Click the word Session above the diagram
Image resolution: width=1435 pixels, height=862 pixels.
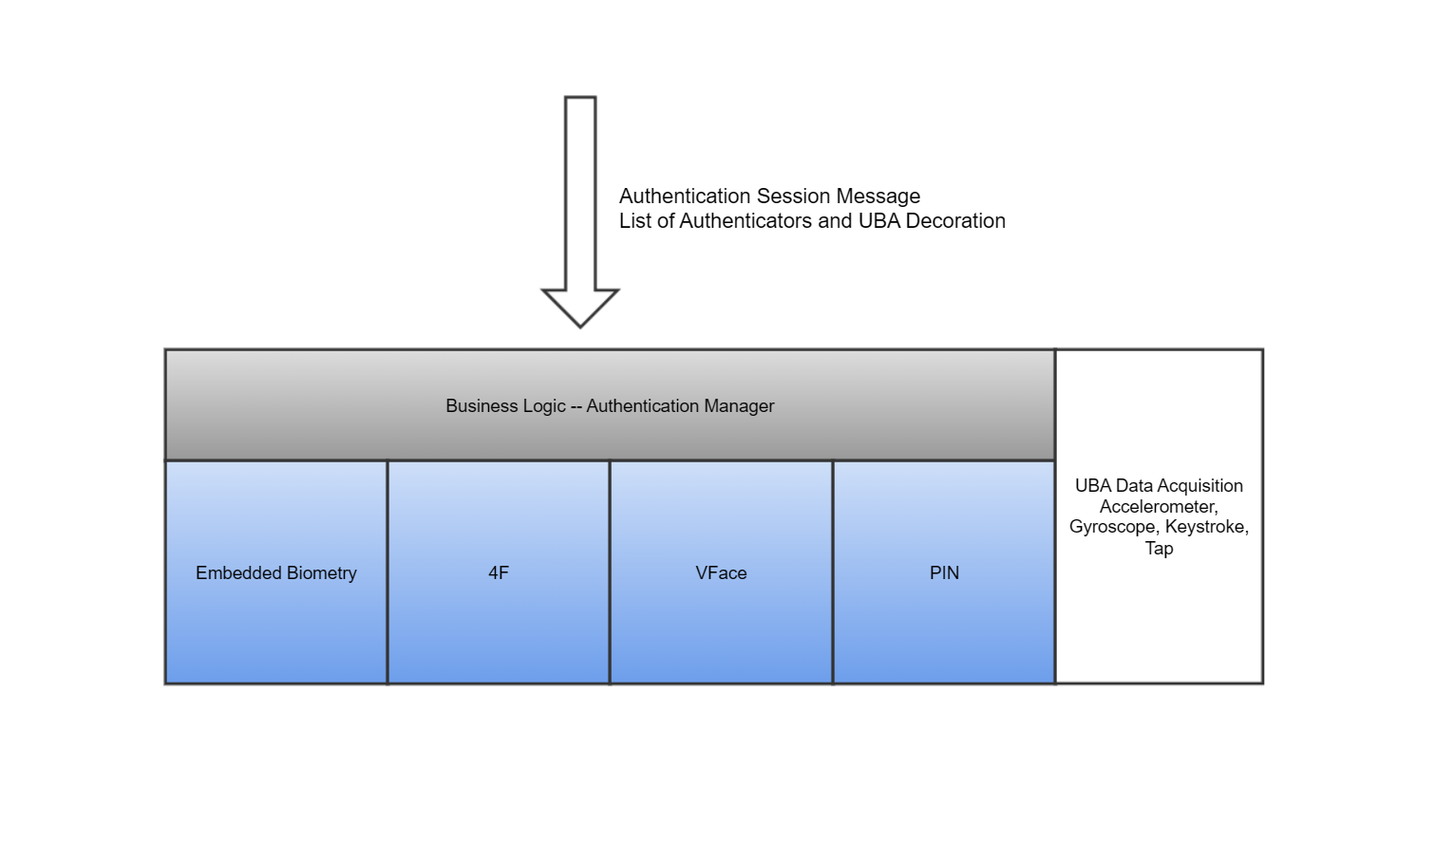coord(793,197)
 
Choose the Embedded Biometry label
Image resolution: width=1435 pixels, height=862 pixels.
coord(276,573)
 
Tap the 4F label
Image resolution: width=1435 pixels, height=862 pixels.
coord(499,573)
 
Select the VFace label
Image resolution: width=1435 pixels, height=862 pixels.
coord(721,573)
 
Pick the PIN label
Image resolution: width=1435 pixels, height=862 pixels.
coord(944,573)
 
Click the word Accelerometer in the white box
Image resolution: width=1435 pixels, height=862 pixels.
coord(1158,507)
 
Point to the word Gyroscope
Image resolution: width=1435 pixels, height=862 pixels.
coord(1112,527)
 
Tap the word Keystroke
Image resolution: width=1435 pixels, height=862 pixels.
coord(1206,527)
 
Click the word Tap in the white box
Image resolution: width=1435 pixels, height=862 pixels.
coord(1159,548)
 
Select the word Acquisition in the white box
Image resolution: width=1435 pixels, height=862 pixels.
coord(1200,486)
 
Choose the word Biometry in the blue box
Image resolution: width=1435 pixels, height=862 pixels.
coord(321,573)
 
